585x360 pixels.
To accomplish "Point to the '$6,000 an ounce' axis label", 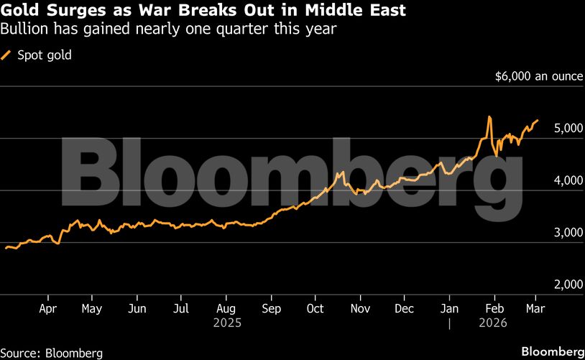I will click(538, 76).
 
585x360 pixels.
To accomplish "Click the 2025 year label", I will click(226, 323).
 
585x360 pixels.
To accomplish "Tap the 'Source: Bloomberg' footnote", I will click(52, 353).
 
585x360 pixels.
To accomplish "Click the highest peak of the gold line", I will click(489, 116).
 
